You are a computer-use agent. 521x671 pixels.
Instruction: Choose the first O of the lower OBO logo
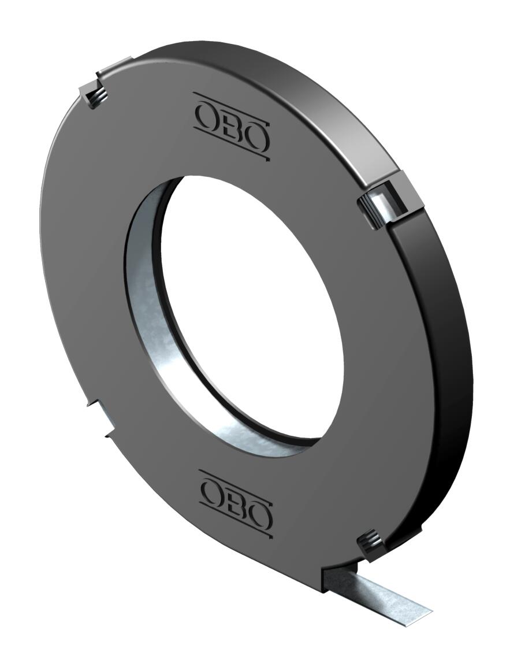pyautogui.click(x=212, y=491)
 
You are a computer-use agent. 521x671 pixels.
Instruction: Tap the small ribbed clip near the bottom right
pyautogui.click(x=370, y=544)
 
